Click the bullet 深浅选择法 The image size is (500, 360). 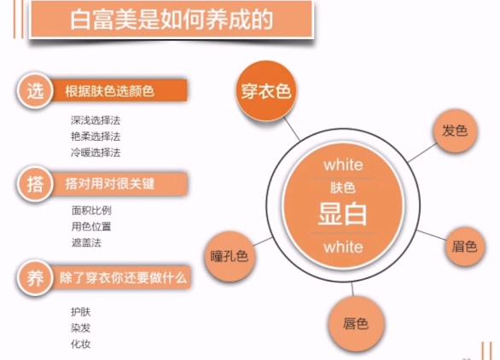tap(96, 120)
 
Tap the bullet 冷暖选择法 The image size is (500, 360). tap(96, 153)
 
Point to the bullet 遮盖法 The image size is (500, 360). tap(86, 242)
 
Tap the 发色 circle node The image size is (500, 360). tap(453, 131)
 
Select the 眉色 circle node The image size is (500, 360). tap(464, 249)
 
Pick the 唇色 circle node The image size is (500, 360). tap(355, 324)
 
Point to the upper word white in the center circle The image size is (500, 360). tap(343, 164)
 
